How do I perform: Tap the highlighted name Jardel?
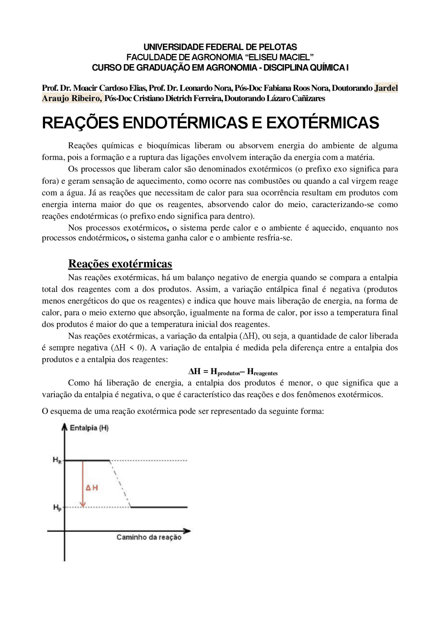point(386,88)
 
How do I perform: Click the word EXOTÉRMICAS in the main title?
point(322,123)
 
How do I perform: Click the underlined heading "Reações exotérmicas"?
point(120,264)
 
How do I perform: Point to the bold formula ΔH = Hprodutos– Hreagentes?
point(233,372)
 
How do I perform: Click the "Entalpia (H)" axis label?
point(89,428)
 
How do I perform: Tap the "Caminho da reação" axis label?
point(148,537)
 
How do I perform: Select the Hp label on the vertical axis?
point(57,507)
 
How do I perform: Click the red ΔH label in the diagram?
point(92,488)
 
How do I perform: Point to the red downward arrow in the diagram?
point(82,484)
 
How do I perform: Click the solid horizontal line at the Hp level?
point(159,507)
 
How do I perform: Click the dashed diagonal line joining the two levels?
point(120,483)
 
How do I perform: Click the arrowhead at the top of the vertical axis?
point(64,427)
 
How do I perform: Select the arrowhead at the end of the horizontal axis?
point(187,531)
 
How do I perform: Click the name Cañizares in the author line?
point(308,99)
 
